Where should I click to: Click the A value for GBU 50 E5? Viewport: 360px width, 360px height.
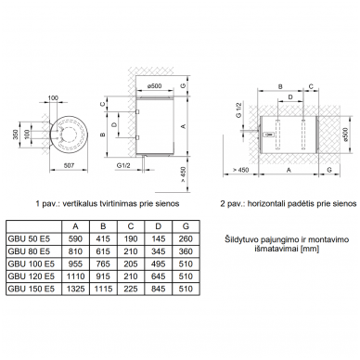(75, 239)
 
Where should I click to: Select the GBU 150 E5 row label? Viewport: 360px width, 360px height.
(31, 289)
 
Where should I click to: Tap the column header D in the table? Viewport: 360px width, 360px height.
(158, 226)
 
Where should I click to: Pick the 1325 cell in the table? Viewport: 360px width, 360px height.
(75, 289)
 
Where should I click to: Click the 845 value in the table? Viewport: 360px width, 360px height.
(158, 289)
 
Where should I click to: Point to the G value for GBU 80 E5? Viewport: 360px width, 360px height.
(186, 251)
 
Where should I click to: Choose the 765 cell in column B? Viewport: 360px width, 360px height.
(103, 264)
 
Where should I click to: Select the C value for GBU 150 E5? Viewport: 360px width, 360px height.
(131, 289)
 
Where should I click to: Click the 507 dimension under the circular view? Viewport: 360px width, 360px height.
(69, 165)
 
